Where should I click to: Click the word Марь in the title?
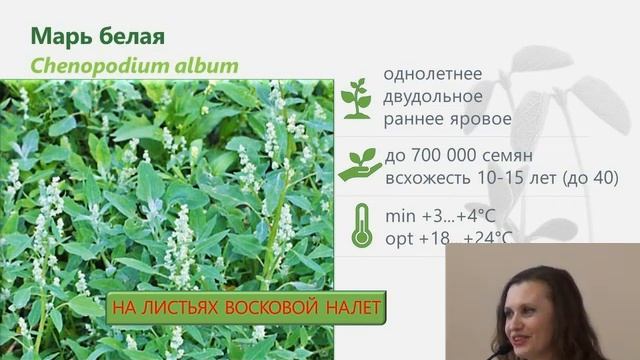pyautogui.click(x=61, y=38)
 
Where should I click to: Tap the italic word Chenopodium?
pyautogui.click(x=94, y=67)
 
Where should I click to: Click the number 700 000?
pyautogui.click(x=445, y=155)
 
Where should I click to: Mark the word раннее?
pyautogui.click(x=415, y=120)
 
